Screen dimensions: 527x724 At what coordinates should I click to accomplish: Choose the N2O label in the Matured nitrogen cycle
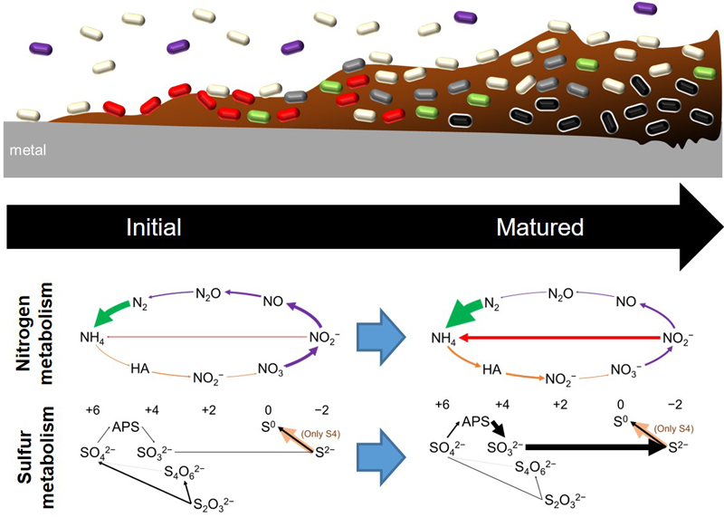[567, 294]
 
